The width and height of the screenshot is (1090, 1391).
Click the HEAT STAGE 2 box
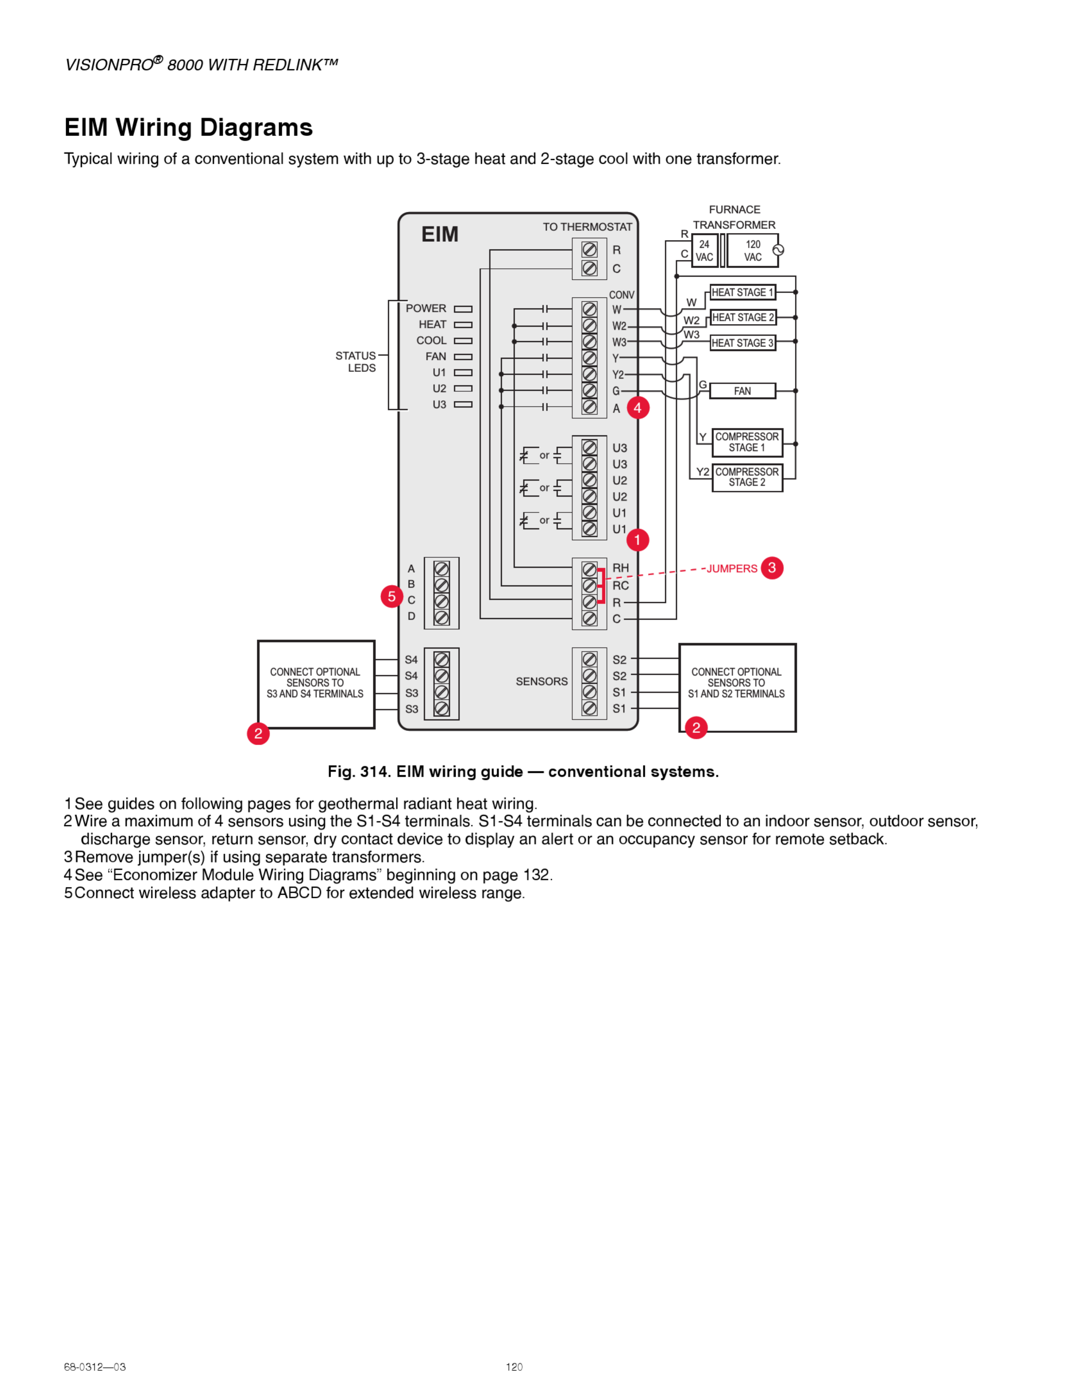[743, 317]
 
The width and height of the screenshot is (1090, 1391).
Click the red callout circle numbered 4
[638, 408]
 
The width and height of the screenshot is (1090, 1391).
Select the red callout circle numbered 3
[772, 568]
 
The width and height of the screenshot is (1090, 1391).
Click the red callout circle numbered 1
[637, 540]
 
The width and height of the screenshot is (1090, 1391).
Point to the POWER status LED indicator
[463, 309]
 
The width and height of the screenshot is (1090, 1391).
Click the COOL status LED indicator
[463, 341]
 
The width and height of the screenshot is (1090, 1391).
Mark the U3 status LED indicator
[463, 404]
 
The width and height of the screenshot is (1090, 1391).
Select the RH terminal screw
[589, 569]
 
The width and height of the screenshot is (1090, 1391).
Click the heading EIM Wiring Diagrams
[188, 128]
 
